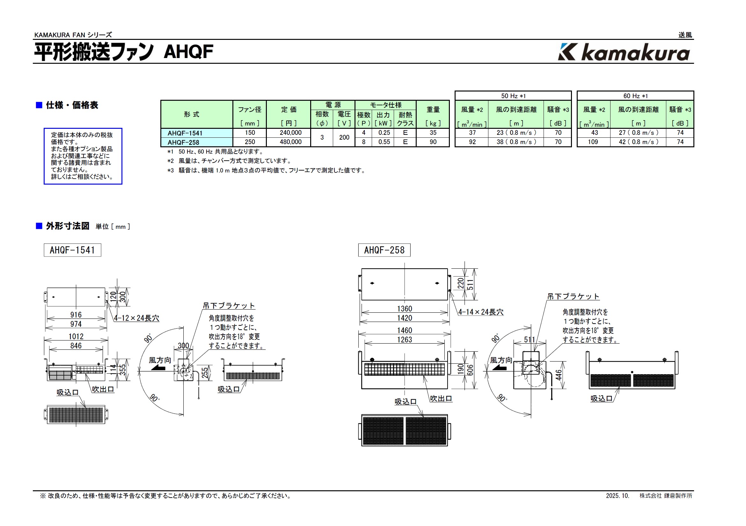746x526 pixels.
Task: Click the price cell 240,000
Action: point(290,133)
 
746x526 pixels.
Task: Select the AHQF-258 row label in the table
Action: point(183,142)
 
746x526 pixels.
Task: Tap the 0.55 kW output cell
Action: point(384,142)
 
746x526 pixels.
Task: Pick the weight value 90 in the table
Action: point(433,142)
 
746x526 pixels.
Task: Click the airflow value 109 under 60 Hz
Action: point(593,142)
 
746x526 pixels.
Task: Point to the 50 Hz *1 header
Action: point(513,96)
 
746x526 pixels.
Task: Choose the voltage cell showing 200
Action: point(344,137)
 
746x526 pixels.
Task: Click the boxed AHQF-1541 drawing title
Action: point(72,250)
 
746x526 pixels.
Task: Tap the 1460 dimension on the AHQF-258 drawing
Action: point(404,330)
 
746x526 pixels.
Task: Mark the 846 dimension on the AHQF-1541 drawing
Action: point(76,346)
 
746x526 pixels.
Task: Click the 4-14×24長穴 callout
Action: point(480,312)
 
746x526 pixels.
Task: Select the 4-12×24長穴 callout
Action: point(136,318)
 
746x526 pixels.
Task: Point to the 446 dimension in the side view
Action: point(558,375)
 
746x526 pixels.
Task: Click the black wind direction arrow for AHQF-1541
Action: point(158,368)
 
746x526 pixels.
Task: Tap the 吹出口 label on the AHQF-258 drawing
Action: point(441,398)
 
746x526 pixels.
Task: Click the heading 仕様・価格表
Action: point(72,105)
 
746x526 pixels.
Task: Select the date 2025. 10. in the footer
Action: point(617,496)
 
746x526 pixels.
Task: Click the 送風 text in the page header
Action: point(685,35)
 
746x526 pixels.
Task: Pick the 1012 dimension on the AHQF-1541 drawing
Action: point(76,337)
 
